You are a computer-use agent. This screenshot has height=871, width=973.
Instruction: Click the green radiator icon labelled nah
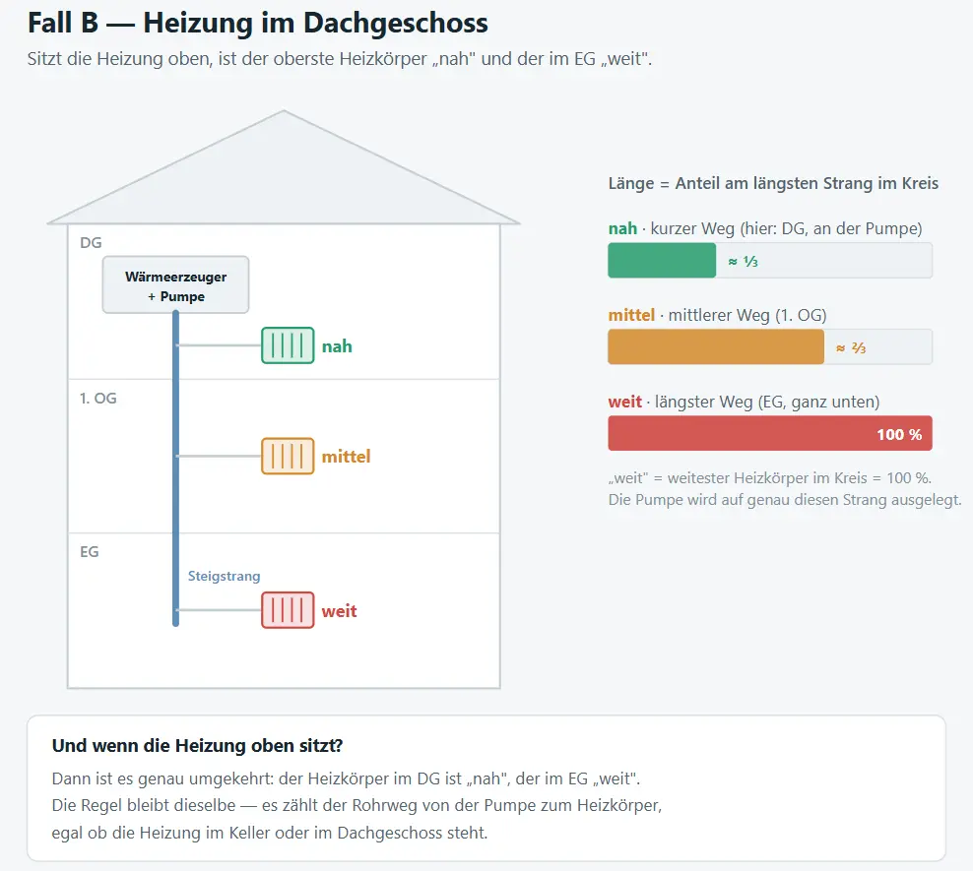288,345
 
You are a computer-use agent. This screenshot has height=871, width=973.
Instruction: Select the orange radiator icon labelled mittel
288,456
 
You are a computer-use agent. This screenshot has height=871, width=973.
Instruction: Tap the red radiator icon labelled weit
288,610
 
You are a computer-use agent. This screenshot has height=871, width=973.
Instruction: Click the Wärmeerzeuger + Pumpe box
175,284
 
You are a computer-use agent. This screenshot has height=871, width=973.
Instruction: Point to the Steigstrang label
224,576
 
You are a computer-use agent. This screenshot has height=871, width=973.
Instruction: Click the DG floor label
91,242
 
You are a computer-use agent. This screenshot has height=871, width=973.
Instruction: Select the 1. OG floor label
98,398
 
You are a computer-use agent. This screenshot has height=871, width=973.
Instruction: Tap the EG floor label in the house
90,552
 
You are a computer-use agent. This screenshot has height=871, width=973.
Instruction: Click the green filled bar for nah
662,261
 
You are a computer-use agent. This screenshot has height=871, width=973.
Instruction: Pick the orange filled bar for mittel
716,346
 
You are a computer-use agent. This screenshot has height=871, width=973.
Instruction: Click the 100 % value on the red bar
899,434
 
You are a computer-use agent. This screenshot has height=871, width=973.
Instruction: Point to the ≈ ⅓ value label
743,261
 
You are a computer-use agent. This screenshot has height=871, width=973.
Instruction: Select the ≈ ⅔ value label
851,347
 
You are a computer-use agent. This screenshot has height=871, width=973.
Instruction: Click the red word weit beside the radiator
339,611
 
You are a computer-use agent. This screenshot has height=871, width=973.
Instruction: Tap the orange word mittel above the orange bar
631,315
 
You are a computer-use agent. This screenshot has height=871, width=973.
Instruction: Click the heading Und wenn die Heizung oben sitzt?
197,745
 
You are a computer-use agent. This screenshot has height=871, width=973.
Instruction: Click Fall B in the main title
63,23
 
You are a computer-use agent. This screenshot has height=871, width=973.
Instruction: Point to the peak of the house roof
284,111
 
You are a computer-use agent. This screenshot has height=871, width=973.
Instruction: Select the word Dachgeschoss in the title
396,23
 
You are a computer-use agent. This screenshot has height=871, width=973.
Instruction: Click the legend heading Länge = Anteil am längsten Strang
773,183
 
